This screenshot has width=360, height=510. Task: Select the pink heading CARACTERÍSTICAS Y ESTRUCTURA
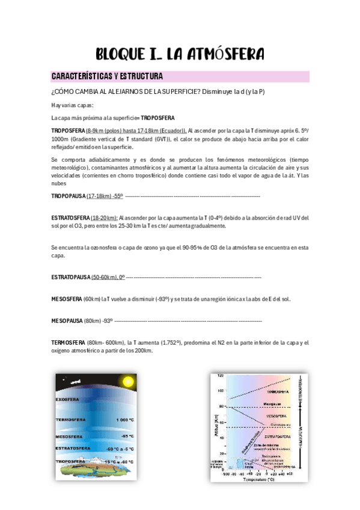(x=108, y=77)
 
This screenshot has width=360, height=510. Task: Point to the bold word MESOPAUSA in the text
(x=67, y=321)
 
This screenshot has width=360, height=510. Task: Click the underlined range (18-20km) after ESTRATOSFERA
(x=104, y=218)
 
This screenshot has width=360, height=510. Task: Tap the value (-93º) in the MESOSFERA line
(x=163, y=299)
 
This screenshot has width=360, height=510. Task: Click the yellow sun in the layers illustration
(x=127, y=381)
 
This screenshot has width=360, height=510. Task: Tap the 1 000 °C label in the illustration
(x=124, y=419)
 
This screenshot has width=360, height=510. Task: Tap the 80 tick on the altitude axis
(x=221, y=407)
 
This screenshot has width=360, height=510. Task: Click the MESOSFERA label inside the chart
(x=276, y=416)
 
